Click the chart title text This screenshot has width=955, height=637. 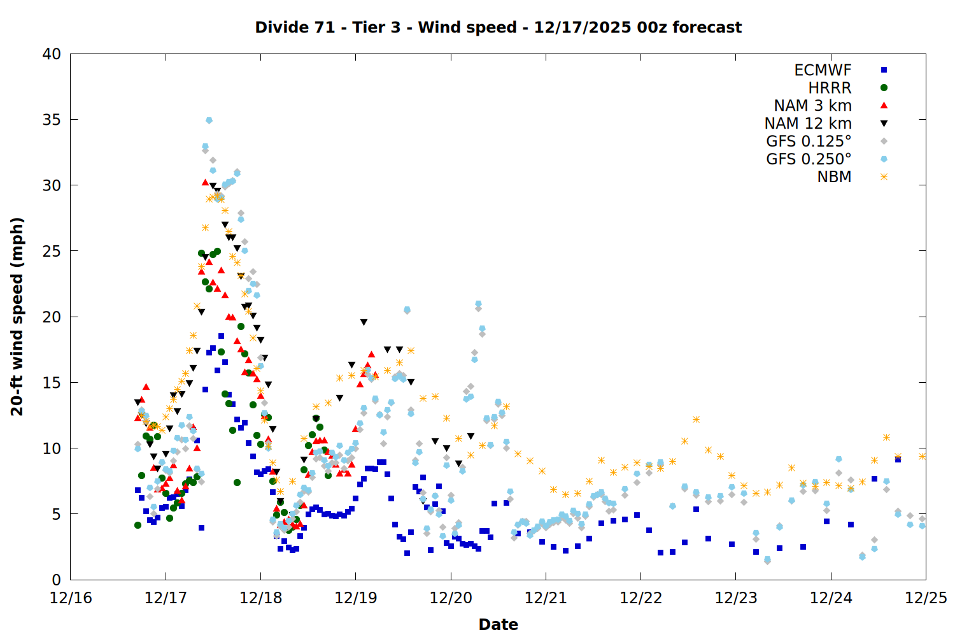(x=498, y=27)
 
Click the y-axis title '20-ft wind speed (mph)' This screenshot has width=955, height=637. (x=17, y=317)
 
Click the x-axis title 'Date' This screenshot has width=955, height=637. (x=498, y=624)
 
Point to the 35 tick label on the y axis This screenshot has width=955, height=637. (x=52, y=120)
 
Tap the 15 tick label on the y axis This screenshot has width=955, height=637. (x=52, y=383)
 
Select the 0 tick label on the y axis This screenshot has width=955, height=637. (x=57, y=580)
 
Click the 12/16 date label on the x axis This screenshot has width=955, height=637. (x=71, y=599)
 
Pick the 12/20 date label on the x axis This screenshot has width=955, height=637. (x=451, y=599)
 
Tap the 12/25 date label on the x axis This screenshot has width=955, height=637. (x=926, y=599)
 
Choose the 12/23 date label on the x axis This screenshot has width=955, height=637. (x=736, y=599)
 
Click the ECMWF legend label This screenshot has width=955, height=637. (x=823, y=70)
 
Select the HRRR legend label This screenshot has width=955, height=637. (x=830, y=88)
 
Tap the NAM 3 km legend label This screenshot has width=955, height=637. (x=812, y=106)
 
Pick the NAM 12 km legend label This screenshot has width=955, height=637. (x=808, y=124)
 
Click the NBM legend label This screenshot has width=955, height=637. (x=834, y=177)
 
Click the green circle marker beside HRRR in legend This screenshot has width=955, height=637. (x=884, y=88)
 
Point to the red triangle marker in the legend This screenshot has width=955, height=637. (x=884, y=105)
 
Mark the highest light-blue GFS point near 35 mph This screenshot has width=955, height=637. (x=209, y=120)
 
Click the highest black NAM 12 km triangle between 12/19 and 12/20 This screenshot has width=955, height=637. (x=364, y=322)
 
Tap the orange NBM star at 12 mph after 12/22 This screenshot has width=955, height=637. (x=696, y=419)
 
